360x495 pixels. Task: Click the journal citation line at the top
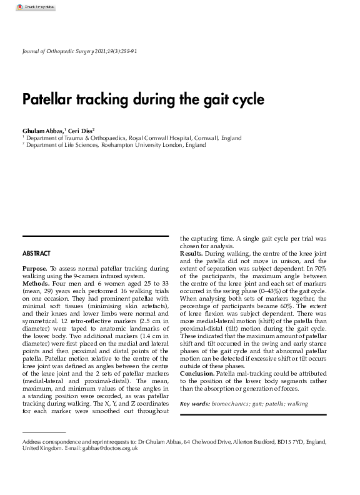click(79, 51)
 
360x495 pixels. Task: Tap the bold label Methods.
click(36, 283)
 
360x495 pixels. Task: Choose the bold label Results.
click(191, 254)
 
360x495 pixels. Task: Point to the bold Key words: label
click(195, 404)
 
